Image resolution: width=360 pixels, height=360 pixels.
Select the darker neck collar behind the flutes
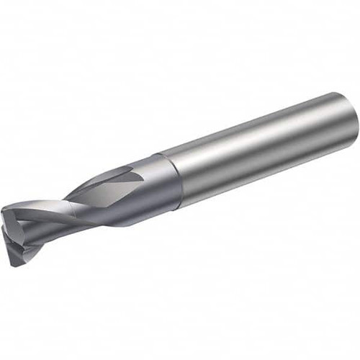(x=162, y=180)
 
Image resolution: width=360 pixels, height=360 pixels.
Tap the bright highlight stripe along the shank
(x=259, y=137)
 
